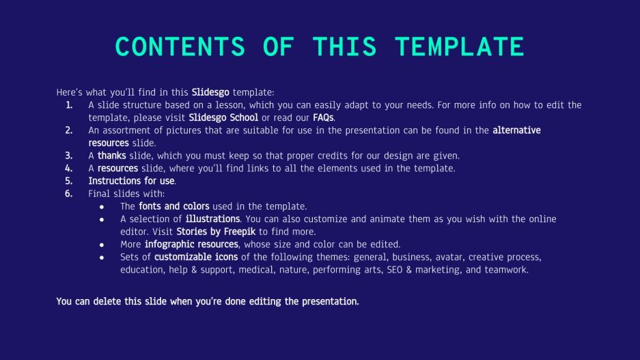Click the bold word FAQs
(x=324, y=117)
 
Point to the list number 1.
(x=69, y=105)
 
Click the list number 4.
(x=69, y=168)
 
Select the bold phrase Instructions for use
(x=132, y=181)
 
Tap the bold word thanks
(x=112, y=156)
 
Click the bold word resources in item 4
(x=117, y=168)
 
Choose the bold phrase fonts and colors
(x=174, y=206)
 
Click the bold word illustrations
(x=212, y=219)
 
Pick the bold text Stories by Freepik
(x=216, y=232)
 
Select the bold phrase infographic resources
(x=191, y=244)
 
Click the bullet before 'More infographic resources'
(x=102, y=245)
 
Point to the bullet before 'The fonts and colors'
(x=102, y=206)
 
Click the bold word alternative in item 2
(x=516, y=130)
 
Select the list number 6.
(x=69, y=193)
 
